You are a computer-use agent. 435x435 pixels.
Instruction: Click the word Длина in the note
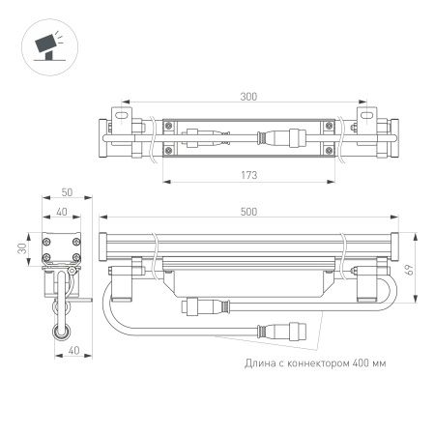point(260,363)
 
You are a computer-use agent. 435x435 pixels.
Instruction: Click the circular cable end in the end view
point(61,331)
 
